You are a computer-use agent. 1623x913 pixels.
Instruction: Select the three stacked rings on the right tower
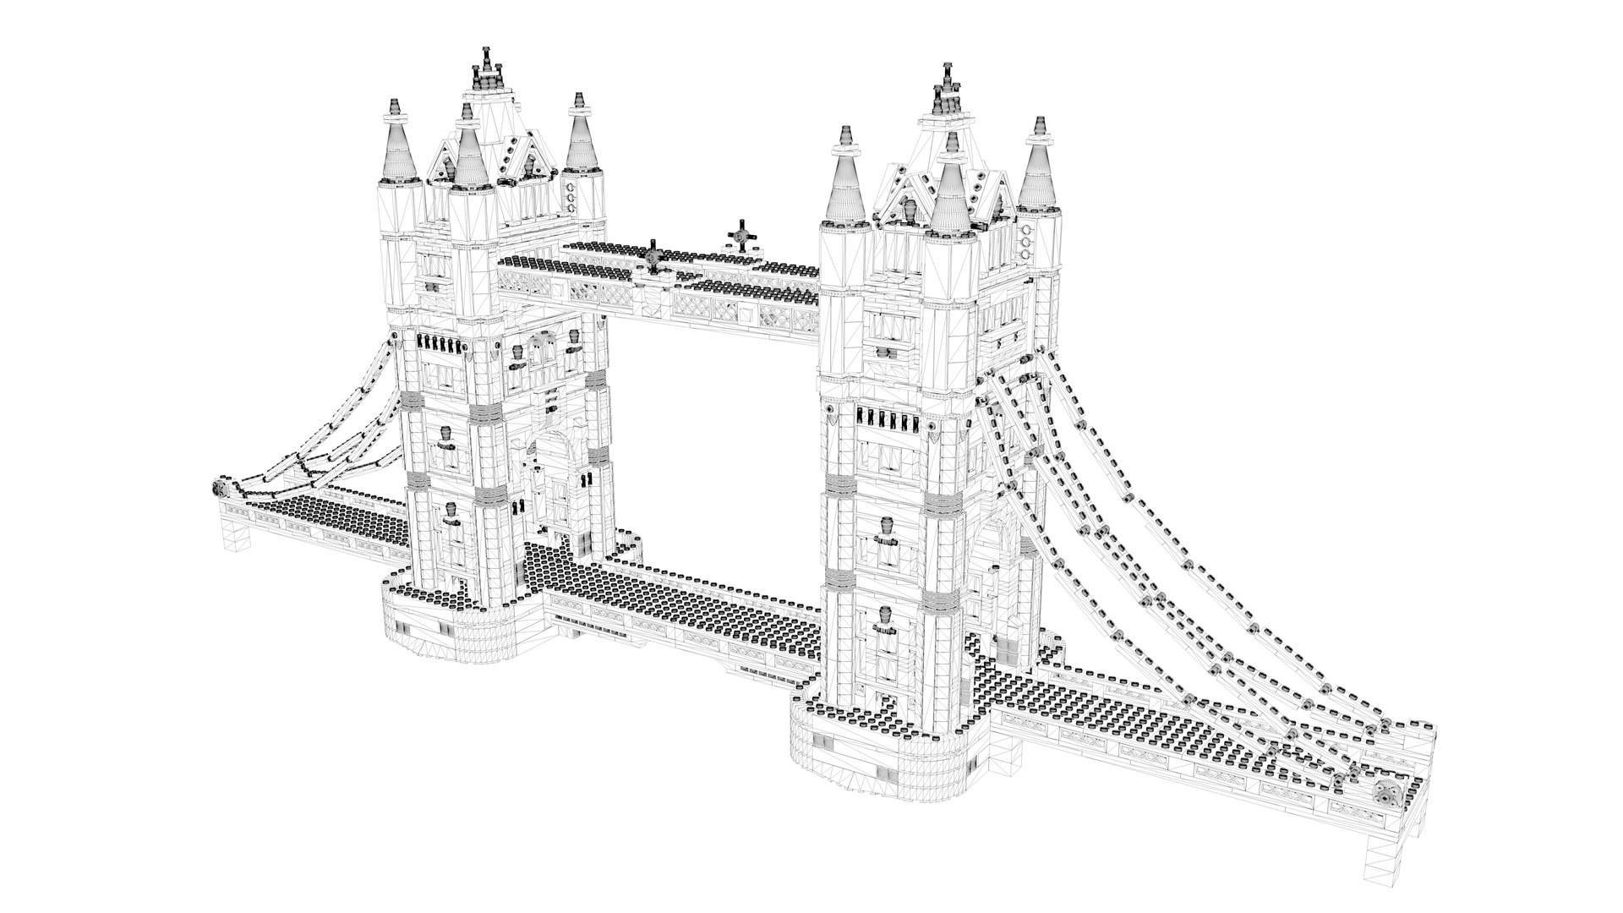[1026, 240]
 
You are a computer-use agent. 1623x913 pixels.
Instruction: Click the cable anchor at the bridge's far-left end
[218, 489]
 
